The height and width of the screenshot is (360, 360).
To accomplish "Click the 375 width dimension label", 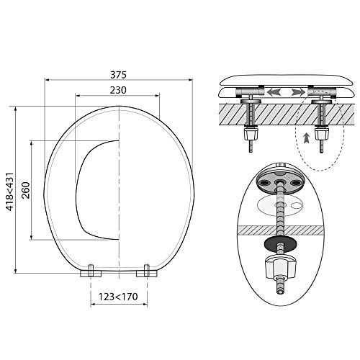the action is coord(118,75).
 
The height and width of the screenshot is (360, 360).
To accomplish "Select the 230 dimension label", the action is coord(118,90).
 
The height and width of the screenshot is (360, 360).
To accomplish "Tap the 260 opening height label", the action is coord(26,190).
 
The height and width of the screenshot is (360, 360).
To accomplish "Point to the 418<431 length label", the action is coord(10,192).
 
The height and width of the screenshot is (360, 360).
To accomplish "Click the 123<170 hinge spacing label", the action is coord(118,297).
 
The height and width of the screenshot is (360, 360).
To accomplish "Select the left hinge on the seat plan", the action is coord(91,271).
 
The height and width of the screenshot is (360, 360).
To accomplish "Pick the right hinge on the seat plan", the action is coord(147,271).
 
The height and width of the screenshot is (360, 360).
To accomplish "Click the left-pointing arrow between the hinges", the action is coord(274,92).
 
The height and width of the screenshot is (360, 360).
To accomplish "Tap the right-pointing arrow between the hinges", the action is coord(299,92).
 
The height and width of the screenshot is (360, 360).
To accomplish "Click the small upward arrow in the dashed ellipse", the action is coord(306,138).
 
